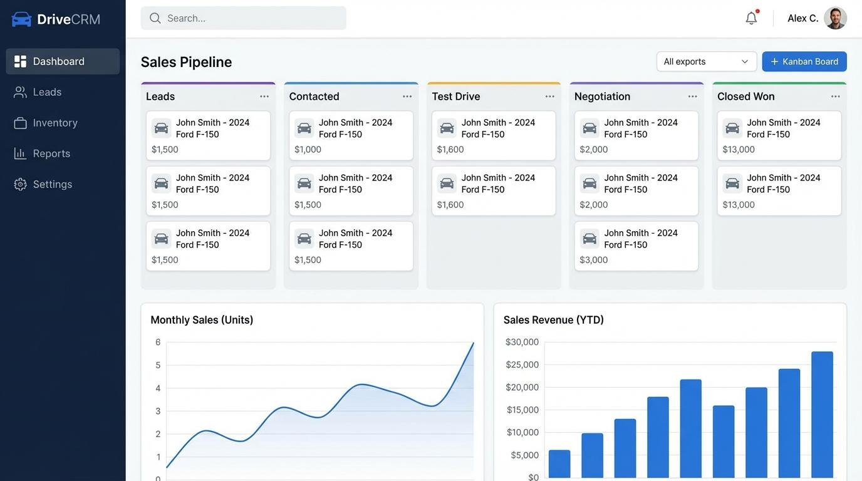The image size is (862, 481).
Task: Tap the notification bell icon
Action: point(751,18)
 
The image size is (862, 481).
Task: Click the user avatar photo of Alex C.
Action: point(835,18)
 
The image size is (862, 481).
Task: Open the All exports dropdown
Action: point(706,61)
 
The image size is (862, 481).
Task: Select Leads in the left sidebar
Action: point(47,92)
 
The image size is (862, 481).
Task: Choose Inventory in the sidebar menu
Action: point(55,123)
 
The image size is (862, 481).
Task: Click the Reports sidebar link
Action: point(51,153)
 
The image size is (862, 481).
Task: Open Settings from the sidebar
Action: point(52,184)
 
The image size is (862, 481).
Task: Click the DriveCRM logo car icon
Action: point(21,19)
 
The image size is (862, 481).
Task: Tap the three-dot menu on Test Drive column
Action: point(549,96)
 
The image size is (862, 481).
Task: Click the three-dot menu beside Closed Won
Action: point(835,96)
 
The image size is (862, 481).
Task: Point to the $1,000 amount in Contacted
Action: point(308,150)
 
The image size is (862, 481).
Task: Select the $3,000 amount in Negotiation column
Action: point(593,260)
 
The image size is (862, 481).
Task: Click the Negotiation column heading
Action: point(602,96)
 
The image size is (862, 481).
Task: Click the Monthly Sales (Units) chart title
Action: point(202,320)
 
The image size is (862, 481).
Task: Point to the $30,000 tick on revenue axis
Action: point(522,342)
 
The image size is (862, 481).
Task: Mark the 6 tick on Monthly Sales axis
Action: point(158,342)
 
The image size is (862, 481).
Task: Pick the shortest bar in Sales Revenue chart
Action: point(559,464)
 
